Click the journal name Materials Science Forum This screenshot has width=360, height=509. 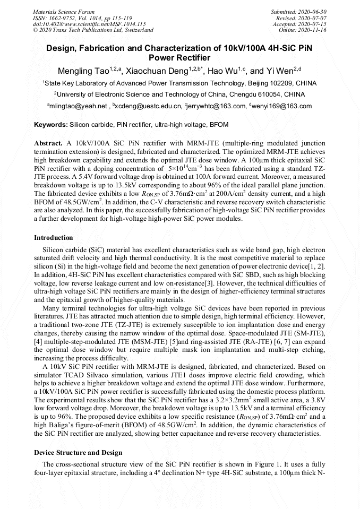pyautogui.click(x=64, y=12)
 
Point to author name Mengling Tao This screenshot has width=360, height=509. pyautogui.click(x=83, y=71)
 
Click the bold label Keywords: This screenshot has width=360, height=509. pyautogui.click(x=51, y=125)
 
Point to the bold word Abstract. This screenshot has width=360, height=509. pyautogui.click(x=48, y=144)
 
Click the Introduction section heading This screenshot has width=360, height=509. pyautogui.click(x=54, y=237)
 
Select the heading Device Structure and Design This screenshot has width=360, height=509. pyautogui.click(x=78, y=453)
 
